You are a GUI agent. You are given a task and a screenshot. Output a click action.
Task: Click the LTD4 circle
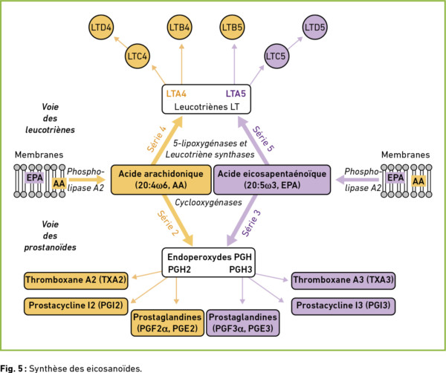[101, 27]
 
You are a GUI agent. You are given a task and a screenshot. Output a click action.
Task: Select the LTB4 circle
[179, 27]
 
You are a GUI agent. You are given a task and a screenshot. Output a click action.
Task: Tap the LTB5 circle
[232, 27]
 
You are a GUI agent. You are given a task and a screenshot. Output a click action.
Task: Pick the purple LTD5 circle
[314, 27]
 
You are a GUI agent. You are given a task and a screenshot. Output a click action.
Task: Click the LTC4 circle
[138, 56]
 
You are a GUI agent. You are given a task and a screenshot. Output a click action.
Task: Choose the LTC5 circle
[276, 56]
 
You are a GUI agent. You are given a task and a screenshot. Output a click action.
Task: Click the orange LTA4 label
[176, 94]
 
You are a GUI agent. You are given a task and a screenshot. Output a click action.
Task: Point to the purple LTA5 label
[236, 94]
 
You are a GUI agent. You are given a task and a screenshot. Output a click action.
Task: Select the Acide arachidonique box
[161, 180]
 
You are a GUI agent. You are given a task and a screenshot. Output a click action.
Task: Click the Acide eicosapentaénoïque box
[272, 180]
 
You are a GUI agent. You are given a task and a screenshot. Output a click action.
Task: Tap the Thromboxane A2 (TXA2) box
[76, 281]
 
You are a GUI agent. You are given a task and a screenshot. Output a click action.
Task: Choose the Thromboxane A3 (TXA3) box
[343, 281]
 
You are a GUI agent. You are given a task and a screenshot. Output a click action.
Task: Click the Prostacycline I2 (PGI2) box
[76, 306]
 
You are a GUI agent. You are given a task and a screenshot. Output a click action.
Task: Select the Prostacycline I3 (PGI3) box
[343, 306]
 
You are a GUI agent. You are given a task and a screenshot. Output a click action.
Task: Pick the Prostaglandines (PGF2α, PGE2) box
[167, 323]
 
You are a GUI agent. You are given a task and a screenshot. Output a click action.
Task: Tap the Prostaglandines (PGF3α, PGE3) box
[243, 323]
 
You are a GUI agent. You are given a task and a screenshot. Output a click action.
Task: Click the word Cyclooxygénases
[208, 202]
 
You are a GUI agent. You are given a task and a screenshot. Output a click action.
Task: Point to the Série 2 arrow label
[168, 223]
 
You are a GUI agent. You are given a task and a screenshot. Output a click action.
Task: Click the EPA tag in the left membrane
[35, 178]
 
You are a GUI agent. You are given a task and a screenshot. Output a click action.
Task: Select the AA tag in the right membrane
[418, 181]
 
